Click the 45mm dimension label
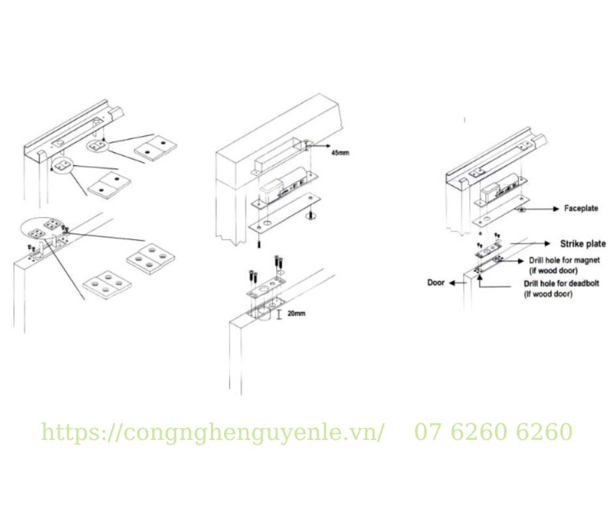340,152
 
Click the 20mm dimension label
296,314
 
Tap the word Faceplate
581,208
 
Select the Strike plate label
583,244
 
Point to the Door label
436,282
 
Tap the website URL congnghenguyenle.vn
213,432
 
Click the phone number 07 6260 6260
493,432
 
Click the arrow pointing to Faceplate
540,209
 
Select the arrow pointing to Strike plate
530,244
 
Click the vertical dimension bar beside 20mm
279,314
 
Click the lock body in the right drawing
502,188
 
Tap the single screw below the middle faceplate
259,244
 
